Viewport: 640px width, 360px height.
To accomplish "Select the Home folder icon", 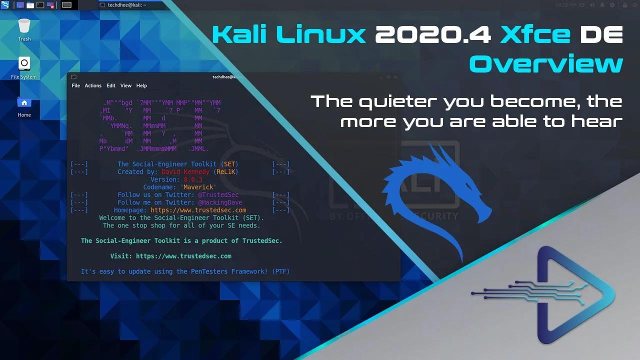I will tap(24, 103).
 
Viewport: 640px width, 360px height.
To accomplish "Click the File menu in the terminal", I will tap(75, 85).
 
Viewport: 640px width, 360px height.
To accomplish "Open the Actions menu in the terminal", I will tap(93, 85).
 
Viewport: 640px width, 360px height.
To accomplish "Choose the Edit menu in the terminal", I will tap(110, 85).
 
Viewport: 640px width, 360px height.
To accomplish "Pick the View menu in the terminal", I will tap(126, 85).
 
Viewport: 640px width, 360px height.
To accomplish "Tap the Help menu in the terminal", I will tap(141, 85).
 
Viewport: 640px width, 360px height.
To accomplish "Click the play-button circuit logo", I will tap(560, 295).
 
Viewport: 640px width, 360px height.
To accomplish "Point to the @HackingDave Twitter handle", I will tap(220, 202).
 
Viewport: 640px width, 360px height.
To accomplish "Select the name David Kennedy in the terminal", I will tap(185, 172).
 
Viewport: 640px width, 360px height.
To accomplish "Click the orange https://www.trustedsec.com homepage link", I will tap(198, 210).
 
